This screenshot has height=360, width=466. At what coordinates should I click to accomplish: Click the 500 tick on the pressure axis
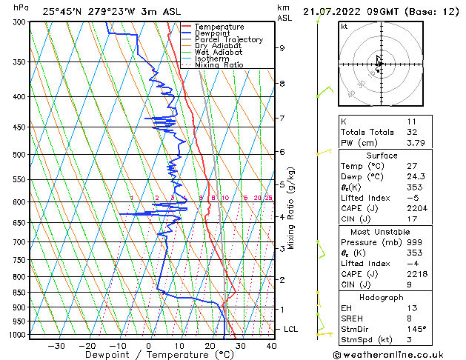click(x=18, y=154)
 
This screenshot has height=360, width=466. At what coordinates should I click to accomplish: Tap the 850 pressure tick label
click(x=18, y=293)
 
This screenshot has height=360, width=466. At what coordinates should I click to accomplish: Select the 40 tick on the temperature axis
click(x=271, y=345)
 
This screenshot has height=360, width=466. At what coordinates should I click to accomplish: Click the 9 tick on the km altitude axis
click(x=282, y=48)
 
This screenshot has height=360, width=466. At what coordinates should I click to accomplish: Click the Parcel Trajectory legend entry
click(x=228, y=40)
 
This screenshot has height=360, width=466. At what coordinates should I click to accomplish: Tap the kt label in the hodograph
click(x=344, y=27)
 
